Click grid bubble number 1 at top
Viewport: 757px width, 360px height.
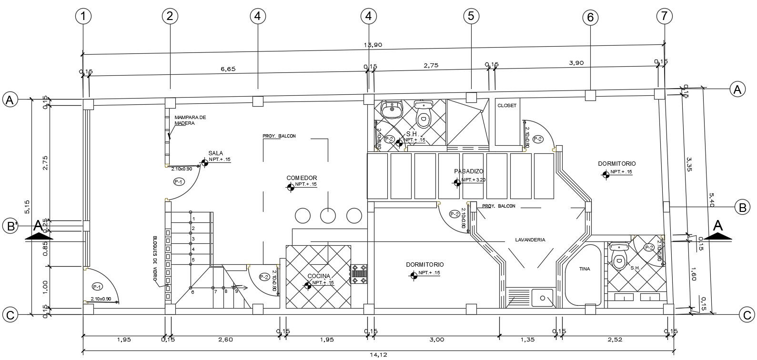click(83, 16)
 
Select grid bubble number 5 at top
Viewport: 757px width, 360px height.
click(471, 16)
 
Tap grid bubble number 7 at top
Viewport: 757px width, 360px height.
click(664, 16)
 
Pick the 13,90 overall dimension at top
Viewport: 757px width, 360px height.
click(373, 45)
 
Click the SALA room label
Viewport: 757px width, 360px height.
click(215, 153)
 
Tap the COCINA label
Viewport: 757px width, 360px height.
click(319, 276)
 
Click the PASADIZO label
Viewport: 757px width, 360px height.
click(469, 171)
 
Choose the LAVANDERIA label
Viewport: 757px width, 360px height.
click(530, 240)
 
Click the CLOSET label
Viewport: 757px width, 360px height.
click(506, 106)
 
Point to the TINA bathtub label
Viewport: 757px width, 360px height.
click(585, 269)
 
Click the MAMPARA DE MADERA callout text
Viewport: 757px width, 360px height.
click(190, 120)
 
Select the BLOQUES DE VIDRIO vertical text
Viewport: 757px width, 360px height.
click(155, 257)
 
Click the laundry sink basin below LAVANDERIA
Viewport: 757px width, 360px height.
click(543, 298)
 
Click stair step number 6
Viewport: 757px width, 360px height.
click(193, 292)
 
